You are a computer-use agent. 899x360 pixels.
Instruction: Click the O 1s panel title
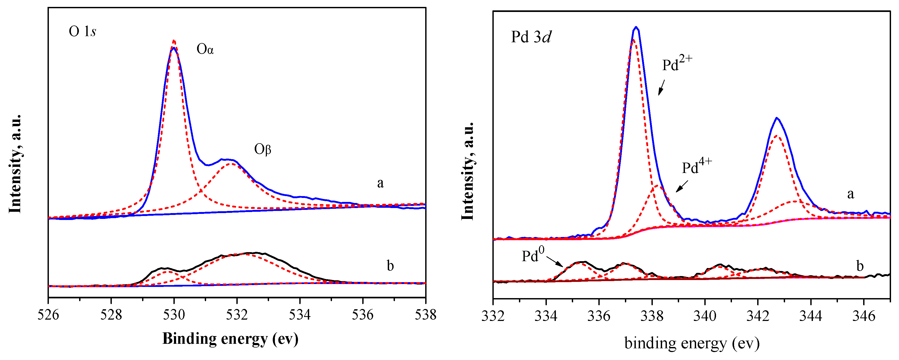point(82,31)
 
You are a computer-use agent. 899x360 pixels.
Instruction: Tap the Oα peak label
point(205,49)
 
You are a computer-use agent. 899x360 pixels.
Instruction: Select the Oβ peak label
point(262,150)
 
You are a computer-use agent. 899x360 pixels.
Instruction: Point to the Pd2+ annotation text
point(677,64)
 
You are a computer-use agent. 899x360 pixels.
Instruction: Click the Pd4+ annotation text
point(696,167)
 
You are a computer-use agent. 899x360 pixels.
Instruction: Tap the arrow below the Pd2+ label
point(661,87)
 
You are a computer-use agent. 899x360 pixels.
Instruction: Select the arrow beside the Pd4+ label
point(682,186)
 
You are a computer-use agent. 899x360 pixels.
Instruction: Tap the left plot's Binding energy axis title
point(230,338)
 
